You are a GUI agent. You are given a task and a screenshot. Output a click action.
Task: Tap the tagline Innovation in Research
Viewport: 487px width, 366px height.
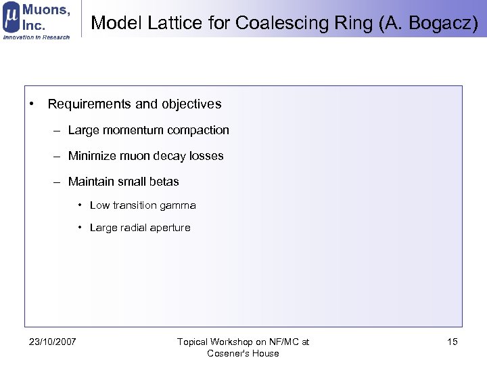point(37,37)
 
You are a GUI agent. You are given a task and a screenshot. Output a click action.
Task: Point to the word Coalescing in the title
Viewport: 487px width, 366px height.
point(269,23)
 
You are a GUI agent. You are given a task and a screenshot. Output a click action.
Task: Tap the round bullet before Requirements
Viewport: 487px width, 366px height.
point(32,104)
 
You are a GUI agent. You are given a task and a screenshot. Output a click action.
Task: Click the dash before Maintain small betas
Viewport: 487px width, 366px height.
point(59,182)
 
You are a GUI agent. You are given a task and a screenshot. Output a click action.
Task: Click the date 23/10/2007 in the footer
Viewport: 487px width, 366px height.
point(53,342)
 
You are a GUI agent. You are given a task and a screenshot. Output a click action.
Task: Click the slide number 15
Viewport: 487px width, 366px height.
point(453,342)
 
